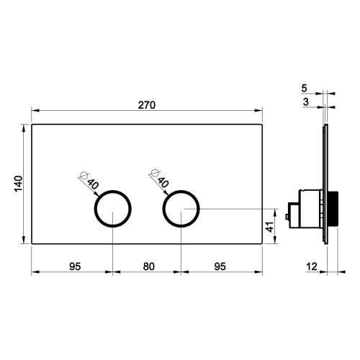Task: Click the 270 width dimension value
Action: click(x=148, y=104)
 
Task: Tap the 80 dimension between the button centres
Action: click(x=148, y=266)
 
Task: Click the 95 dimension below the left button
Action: click(x=73, y=266)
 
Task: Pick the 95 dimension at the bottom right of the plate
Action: click(x=220, y=266)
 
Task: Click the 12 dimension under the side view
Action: click(x=311, y=266)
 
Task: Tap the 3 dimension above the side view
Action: click(x=305, y=103)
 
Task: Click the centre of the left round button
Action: click(x=113, y=210)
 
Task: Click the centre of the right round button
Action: click(x=181, y=210)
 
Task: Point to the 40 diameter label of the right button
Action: click(x=161, y=184)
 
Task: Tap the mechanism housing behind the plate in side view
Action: click(x=309, y=208)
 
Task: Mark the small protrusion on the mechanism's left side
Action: click(x=289, y=212)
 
